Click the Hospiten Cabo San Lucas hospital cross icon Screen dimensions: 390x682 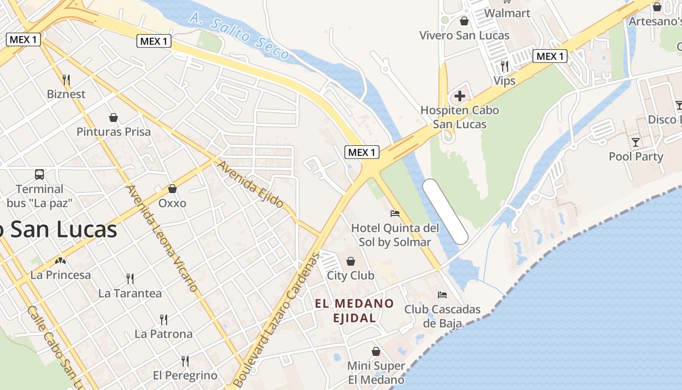[459, 96]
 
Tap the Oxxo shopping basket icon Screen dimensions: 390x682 [172, 188]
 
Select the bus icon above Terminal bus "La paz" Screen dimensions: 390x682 [39, 174]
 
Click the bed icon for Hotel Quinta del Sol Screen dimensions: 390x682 [395, 213]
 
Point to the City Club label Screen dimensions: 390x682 [350, 275]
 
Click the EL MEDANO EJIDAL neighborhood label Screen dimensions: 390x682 [354, 311]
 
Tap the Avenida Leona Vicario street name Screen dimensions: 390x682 [163, 239]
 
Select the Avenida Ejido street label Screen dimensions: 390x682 [250, 184]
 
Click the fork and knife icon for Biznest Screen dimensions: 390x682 [66, 79]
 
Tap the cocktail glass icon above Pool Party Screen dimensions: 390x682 [636, 142]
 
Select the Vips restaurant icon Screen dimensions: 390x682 [505, 66]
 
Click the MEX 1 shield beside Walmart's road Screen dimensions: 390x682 [550, 56]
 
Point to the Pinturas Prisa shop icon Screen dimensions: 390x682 [114, 117]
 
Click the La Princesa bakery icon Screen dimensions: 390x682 [60, 261]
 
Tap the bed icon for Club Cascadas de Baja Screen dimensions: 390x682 [442, 294]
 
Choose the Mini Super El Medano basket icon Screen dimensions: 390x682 [376, 351]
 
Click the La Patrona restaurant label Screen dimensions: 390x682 [164, 334]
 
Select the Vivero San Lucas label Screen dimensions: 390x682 [464, 35]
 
